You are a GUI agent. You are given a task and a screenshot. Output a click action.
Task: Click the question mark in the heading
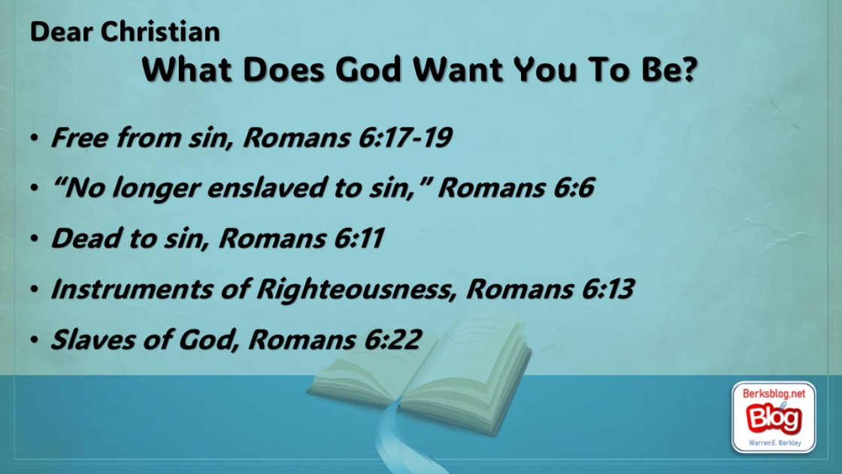point(687,69)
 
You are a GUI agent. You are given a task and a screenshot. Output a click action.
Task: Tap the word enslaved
point(262,187)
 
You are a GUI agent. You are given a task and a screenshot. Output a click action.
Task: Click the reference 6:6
point(570,187)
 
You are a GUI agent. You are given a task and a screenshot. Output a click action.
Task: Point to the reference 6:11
point(359,238)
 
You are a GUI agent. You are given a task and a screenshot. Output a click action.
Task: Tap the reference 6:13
point(607,289)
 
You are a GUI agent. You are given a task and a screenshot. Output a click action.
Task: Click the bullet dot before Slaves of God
point(35,339)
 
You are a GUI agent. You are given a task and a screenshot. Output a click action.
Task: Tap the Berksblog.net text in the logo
point(774,393)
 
